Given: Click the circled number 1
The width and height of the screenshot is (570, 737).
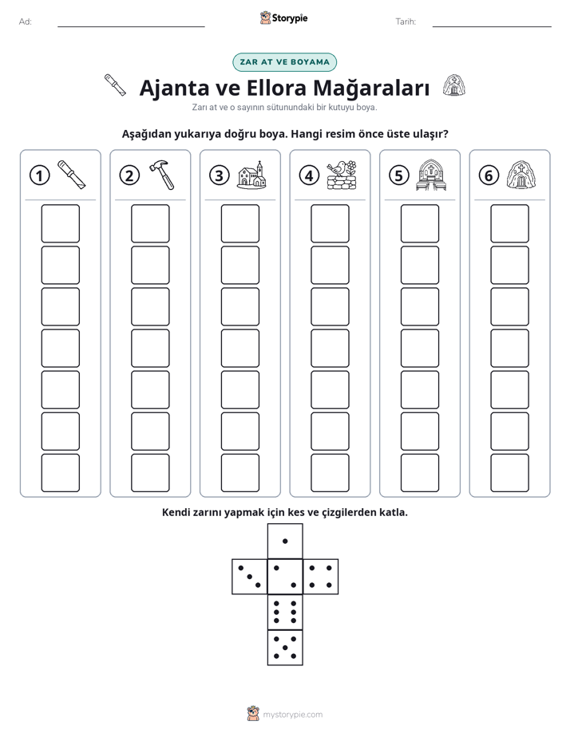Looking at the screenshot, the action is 39,175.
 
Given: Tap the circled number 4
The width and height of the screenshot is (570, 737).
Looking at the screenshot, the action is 309,175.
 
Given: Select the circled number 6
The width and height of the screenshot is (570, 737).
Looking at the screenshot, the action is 489,175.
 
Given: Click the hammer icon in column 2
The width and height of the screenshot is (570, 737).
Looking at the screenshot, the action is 162,175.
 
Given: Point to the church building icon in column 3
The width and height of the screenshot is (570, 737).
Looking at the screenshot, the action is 251,175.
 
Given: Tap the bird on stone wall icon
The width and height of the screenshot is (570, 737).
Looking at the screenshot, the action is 342,175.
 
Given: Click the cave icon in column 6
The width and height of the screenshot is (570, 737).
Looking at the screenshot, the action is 521,175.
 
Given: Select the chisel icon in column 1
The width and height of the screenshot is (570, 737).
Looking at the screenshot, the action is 72,175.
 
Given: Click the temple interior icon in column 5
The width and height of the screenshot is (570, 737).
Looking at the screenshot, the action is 431,175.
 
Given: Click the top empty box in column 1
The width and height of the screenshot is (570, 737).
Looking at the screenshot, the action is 60,223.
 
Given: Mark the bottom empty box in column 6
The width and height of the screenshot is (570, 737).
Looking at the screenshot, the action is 510,473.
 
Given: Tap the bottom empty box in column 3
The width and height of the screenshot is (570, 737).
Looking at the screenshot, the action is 239,473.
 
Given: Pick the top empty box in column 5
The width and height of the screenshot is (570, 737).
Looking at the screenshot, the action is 420,223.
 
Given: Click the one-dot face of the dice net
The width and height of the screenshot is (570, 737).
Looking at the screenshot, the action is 285,541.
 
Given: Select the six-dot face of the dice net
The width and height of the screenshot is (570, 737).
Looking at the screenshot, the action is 285,612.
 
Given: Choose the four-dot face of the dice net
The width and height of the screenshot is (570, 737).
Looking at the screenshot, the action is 321,577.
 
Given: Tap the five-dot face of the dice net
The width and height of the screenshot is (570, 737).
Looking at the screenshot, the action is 285,648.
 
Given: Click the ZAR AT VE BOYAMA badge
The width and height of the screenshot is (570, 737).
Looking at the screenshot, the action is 284,62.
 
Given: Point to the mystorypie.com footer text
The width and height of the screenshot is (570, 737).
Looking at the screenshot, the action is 292,715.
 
